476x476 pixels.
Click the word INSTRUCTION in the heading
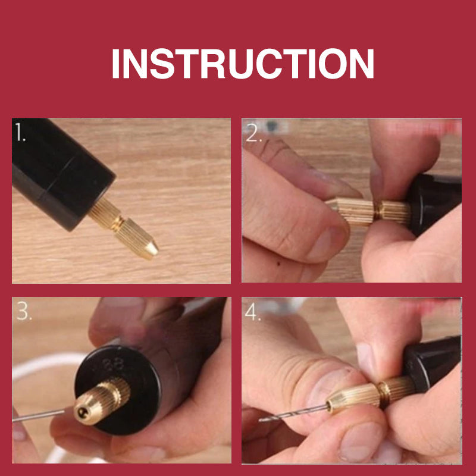click(243, 64)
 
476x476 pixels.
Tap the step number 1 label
click(20, 131)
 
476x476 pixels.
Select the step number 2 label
click(253, 132)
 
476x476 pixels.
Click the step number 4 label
click(252, 311)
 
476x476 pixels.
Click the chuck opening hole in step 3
click(82, 412)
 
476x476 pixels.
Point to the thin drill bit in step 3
click(38, 415)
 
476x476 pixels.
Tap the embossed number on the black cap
click(113, 364)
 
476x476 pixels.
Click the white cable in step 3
click(46, 364)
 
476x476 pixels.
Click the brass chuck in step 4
click(372, 395)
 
